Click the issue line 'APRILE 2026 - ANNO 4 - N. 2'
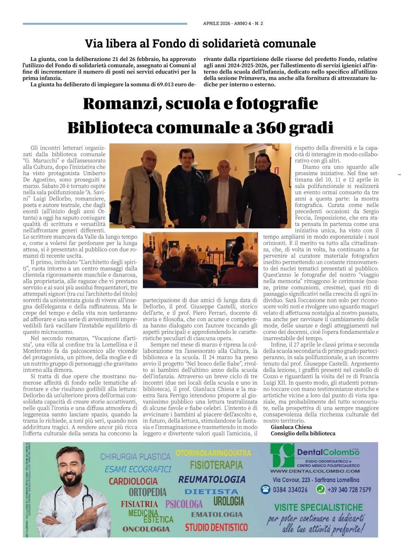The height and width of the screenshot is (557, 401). pos(233,24)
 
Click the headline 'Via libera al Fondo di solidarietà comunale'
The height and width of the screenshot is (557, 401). pos(200,44)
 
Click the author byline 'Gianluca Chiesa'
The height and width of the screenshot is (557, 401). pos(286,427)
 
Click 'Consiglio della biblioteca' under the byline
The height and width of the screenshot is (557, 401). pos(303,433)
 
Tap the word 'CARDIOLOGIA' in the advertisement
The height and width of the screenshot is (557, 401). pos(133,481)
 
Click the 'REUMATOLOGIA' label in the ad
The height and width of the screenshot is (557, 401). pos(212,479)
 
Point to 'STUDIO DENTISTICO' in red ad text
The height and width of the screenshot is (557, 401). pos(216,527)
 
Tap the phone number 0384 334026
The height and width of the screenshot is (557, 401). pos(290,490)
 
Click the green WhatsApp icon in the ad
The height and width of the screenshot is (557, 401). pos(320,489)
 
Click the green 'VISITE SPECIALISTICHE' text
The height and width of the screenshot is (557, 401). pos(318,507)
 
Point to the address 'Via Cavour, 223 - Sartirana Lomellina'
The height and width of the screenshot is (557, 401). pos(316,480)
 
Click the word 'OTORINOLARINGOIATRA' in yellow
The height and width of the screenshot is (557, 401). pos(213,453)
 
